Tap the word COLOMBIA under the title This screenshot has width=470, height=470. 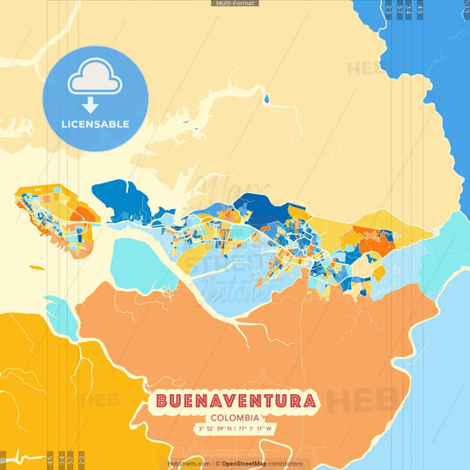[235, 417]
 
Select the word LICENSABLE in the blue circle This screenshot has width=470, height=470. [95, 124]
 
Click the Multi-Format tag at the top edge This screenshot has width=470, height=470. [235, 4]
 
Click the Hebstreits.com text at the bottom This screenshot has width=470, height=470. [189, 463]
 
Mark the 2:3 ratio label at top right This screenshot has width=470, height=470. [389, 11]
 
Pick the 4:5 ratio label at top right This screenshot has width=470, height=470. [420, 11]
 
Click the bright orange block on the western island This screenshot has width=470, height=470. [85, 213]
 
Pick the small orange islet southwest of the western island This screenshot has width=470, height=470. [35, 267]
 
